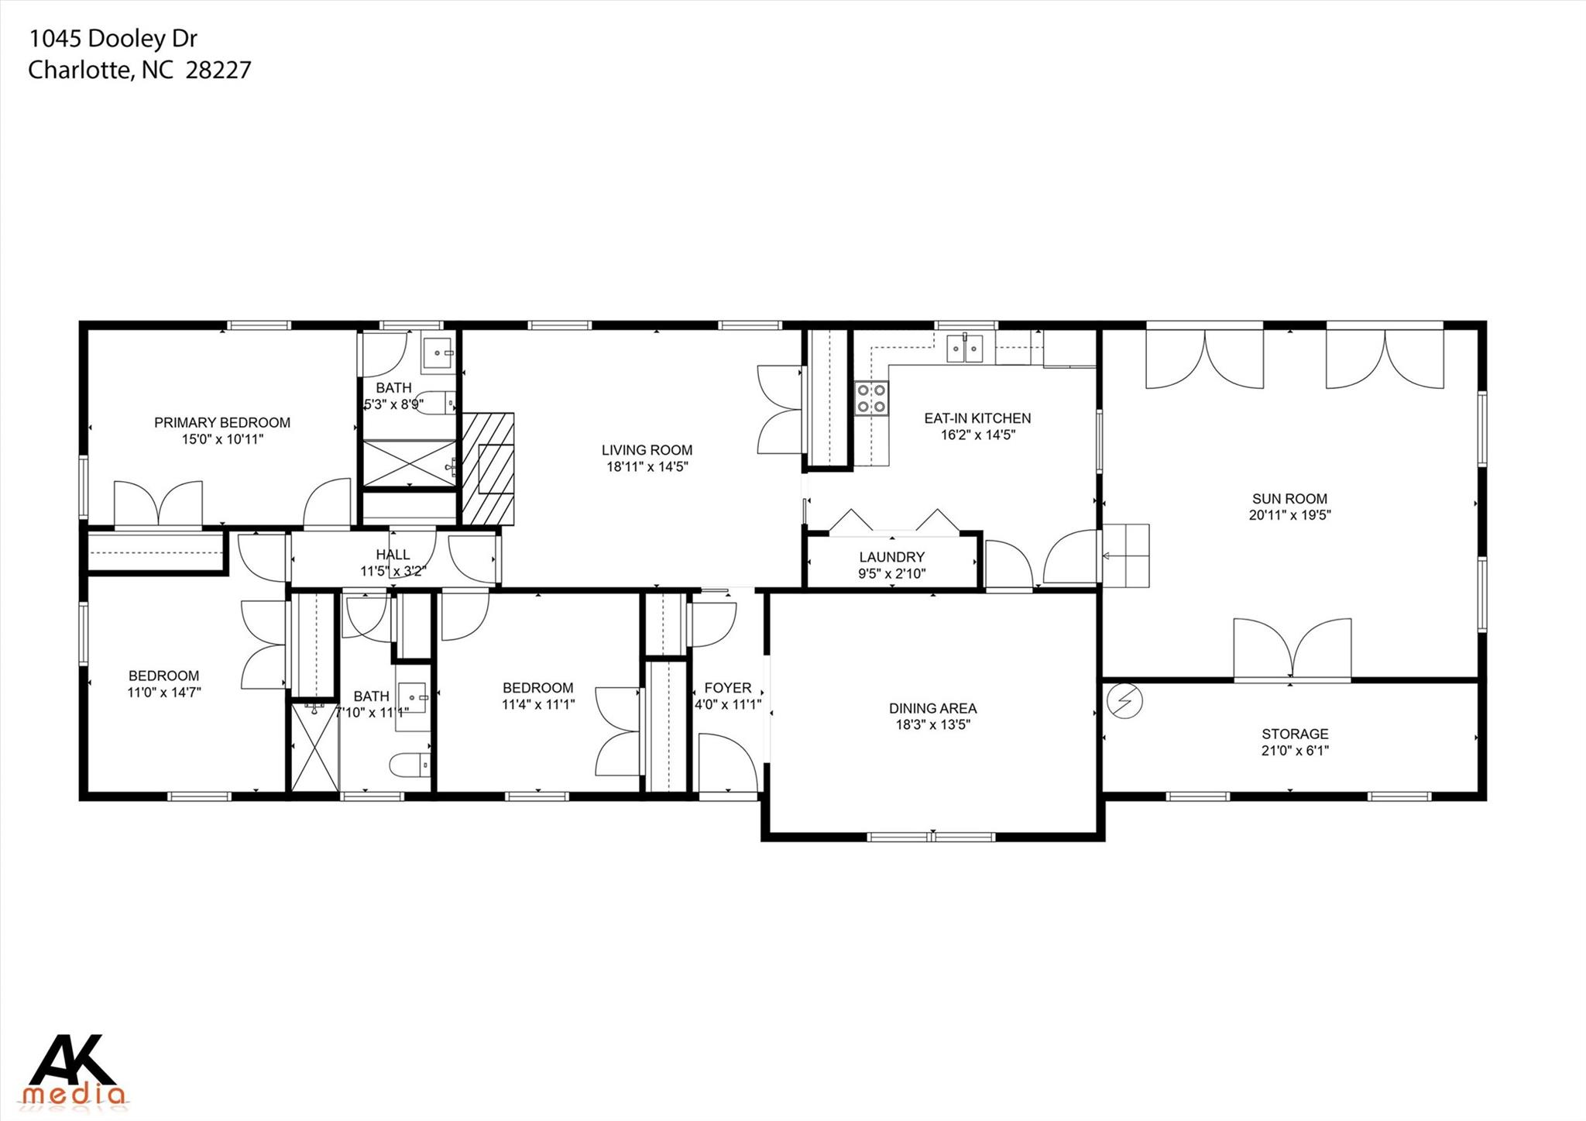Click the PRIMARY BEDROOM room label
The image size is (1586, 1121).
pyautogui.click(x=222, y=422)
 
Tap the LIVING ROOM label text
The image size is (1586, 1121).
pyautogui.click(x=647, y=450)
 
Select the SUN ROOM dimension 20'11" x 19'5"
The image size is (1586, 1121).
pyautogui.click(x=1290, y=515)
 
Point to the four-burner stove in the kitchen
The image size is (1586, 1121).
pyautogui.click(x=872, y=398)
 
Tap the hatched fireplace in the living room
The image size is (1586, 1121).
pyautogui.click(x=488, y=469)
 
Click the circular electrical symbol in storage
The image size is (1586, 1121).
pyautogui.click(x=1124, y=701)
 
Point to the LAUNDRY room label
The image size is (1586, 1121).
pyautogui.click(x=892, y=557)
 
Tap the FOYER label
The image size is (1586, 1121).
pyautogui.click(x=728, y=688)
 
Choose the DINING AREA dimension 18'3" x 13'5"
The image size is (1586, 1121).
pyautogui.click(x=933, y=725)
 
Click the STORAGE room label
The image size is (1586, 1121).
pyautogui.click(x=1296, y=734)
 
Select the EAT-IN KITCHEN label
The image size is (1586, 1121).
pyautogui.click(x=978, y=418)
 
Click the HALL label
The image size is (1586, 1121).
pyautogui.click(x=393, y=555)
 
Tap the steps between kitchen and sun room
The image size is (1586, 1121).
pyautogui.click(x=1126, y=555)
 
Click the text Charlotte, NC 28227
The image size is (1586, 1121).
pyautogui.click(x=139, y=70)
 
